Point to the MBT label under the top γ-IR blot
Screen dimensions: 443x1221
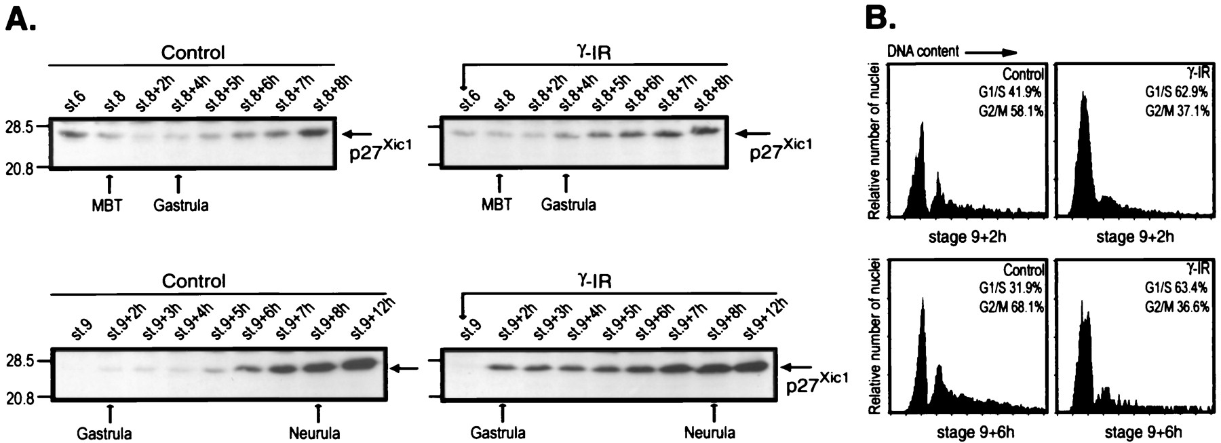click(499, 204)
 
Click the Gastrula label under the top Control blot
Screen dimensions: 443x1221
click(180, 205)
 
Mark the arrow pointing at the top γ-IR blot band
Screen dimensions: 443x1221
click(754, 134)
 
